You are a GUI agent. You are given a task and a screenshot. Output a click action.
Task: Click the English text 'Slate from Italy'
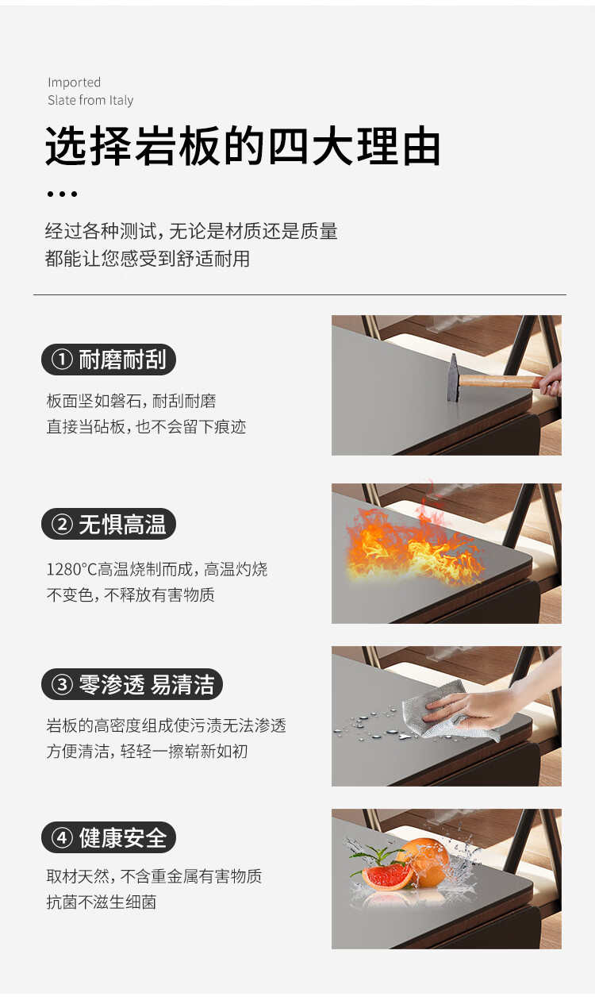[x=90, y=100]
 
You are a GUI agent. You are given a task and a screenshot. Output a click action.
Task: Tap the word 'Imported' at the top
[x=75, y=83]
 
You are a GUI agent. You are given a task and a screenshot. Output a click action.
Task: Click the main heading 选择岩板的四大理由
[x=243, y=146]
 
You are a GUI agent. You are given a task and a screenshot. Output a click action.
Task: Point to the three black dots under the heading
[x=62, y=194]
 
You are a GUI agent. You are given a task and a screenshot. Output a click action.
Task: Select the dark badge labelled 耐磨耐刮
[x=109, y=360]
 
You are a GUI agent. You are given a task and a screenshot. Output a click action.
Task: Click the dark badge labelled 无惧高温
[x=109, y=524]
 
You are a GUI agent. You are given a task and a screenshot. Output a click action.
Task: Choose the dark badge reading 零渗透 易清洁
[x=132, y=684]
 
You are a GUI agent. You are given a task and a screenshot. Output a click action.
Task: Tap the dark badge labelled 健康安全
[x=109, y=837]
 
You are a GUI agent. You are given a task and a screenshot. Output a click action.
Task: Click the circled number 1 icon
[x=62, y=360]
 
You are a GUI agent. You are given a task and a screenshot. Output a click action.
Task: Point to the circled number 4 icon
[x=62, y=837]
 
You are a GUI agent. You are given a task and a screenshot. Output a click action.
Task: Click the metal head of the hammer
[x=453, y=378]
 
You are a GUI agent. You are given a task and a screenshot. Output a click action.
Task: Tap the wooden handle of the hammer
[x=500, y=381]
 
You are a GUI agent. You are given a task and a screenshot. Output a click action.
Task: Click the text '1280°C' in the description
[x=72, y=570]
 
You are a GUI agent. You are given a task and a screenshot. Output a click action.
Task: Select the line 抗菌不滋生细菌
[x=102, y=902]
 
